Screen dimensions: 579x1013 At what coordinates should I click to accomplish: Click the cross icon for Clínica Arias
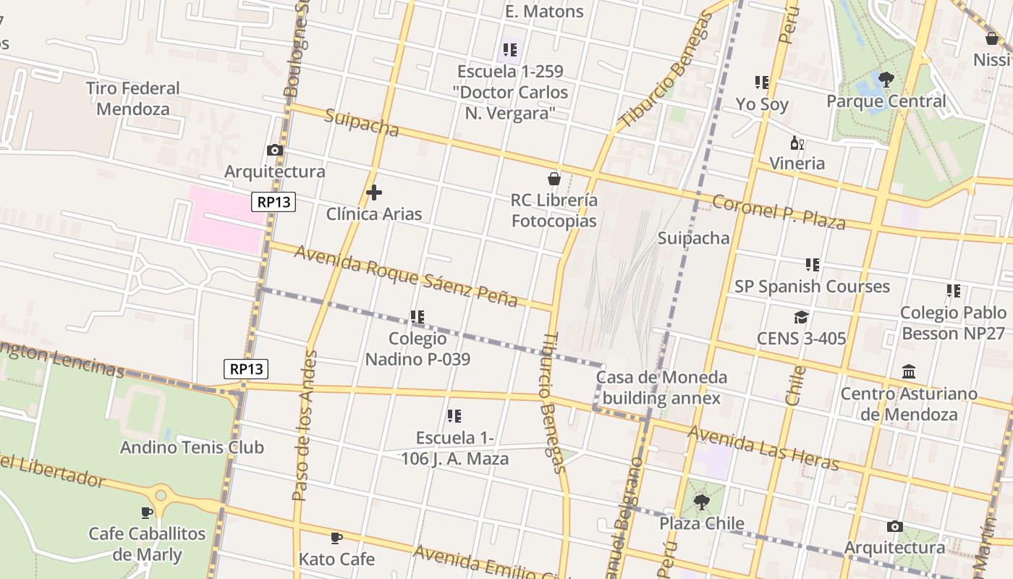click(x=374, y=193)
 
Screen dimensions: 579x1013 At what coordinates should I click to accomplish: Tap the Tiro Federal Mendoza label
click(x=133, y=98)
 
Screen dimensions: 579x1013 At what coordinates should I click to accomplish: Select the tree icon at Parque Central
click(x=886, y=80)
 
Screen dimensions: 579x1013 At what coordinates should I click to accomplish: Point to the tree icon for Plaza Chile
click(x=701, y=502)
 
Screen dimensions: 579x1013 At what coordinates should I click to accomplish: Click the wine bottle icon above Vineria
click(x=797, y=143)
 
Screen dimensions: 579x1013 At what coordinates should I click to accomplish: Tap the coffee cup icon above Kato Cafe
click(x=336, y=538)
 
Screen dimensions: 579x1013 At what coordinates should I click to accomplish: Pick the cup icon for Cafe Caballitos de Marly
click(x=147, y=512)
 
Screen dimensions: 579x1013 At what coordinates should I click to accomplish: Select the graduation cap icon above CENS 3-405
click(x=801, y=317)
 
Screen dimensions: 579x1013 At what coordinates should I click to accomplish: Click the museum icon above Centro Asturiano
click(x=909, y=373)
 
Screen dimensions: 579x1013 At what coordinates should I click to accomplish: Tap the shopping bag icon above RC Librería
click(x=554, y=178)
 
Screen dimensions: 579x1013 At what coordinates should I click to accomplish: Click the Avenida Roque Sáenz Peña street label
click(x=405, y=276)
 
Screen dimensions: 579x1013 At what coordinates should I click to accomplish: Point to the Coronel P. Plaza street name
click(x=779, y=211)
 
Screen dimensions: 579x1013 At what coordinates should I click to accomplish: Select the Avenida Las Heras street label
click(x=763, y=447)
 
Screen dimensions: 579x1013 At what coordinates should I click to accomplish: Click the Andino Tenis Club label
click(x=192, y=447)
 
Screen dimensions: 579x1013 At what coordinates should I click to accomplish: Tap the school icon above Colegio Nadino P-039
click(x=418, y=317)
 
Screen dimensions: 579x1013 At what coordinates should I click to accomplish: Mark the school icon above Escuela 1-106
click(x=454, y=416)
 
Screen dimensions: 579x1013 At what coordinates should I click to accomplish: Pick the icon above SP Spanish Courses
click(x=813, y=265)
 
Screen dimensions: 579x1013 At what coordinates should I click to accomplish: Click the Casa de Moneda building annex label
click(x=661, y=387)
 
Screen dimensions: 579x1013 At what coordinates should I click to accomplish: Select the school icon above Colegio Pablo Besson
click(x=954, y=291)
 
